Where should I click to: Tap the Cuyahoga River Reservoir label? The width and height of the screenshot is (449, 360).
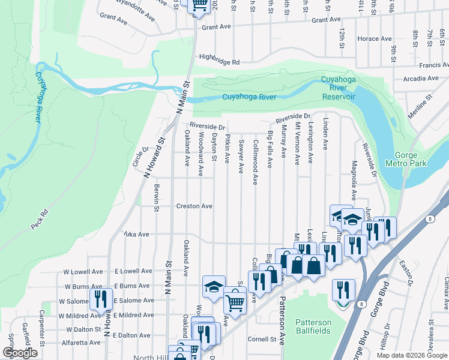click(x=339, y=88)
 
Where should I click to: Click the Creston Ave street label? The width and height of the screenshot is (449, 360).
click(x=194, y=206)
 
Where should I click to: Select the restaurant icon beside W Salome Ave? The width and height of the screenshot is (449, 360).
click(x=100, y=298)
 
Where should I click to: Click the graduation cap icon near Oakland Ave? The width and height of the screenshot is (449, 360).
click(x=213, y=286)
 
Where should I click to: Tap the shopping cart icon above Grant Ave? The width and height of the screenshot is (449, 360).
click(x=199, y=5)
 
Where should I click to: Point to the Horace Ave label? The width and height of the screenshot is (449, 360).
click(x=375, y=39)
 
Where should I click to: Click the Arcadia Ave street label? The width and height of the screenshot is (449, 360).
click(x=421, y=79)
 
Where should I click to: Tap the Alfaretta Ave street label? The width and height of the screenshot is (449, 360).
click(x=82, y=343)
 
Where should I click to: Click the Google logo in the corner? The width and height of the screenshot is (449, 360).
click(x=20, y=353)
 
